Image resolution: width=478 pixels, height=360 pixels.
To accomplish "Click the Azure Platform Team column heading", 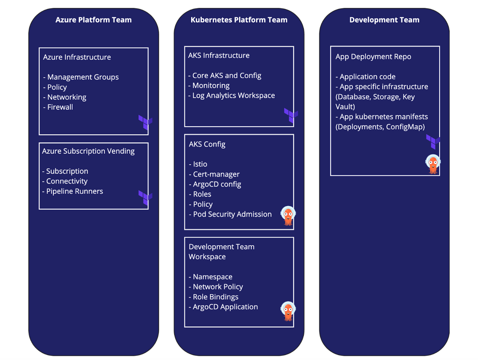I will pos(93,20).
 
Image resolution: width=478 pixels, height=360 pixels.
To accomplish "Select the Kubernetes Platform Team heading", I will pos(239,20).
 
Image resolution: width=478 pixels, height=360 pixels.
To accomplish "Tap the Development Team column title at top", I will pos(384,20).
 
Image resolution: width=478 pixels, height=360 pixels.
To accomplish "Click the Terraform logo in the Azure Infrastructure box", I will pos(145,122).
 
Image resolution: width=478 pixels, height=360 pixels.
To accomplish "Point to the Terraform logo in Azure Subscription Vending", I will pos(145,197).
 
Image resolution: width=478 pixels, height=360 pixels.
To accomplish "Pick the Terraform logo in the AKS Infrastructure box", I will pos(291,115).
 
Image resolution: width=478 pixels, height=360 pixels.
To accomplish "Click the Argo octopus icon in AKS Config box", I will pos(288,216).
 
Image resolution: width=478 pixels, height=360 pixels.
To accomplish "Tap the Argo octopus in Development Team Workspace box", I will pos(288,311).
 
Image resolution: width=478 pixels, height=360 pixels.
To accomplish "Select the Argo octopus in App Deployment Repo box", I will pos(433,164).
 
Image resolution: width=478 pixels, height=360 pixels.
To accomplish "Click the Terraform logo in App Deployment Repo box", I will pos(433,141).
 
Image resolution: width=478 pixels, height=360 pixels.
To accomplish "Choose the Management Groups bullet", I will pos(81,77).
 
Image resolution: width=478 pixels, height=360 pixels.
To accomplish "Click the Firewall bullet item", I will pos(58,107).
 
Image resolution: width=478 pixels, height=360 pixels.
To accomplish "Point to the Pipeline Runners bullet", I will pos(73,191).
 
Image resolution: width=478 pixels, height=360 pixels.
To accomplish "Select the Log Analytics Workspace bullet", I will pos(232,96).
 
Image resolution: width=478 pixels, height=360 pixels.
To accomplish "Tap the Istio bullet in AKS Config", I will pos(198,164).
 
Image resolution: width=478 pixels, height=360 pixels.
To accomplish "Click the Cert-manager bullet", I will pos(214,174).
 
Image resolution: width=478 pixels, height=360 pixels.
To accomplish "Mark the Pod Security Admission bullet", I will pos(230,215).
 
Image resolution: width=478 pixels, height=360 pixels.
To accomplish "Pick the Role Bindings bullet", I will pos(214,297).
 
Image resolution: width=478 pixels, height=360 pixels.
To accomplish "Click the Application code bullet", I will pos(366,77).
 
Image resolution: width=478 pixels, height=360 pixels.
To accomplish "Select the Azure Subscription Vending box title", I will pos(88,151).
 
